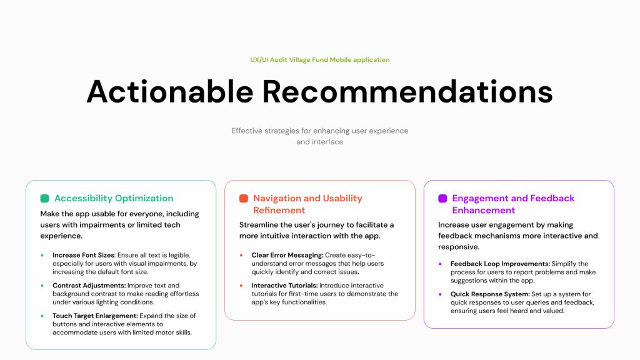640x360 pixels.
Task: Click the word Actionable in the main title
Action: point(170,91)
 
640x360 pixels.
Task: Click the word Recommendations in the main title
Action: point(407,91)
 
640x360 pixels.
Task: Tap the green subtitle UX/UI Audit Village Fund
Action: point(289,59)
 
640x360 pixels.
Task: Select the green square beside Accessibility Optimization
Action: point(44,198)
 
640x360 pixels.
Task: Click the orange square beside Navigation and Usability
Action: point(244,198)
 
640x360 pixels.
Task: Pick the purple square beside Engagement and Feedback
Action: point(442,198)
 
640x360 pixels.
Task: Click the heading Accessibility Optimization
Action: point(114,198)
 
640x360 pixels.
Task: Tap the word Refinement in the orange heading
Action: point(279,210)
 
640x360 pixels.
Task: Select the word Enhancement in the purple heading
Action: point(484,210)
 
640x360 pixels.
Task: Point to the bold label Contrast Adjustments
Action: point(89,285)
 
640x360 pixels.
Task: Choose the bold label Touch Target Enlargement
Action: point(95,316)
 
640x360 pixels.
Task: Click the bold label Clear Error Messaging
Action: point(287,255)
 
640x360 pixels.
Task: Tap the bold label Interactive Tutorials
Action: point(284,285)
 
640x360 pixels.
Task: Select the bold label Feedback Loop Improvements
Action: point(501,264)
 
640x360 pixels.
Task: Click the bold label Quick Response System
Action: point(490,294)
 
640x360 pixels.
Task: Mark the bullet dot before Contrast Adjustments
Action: point(42,286)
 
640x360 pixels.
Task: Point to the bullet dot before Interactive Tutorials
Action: point(241,286)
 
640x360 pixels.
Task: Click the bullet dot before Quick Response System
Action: point(440,294)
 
